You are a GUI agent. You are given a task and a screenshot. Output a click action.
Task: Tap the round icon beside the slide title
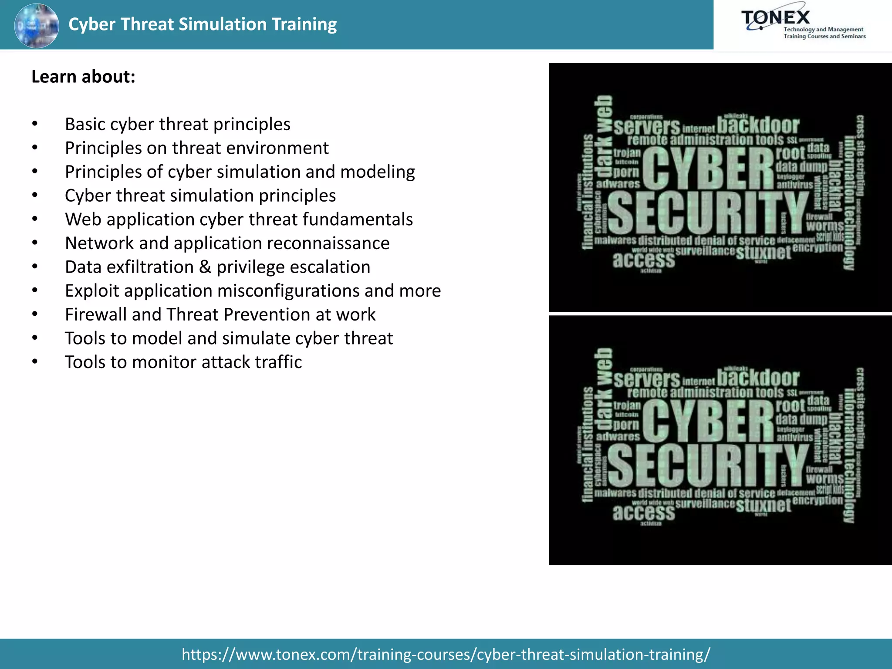point(37,25)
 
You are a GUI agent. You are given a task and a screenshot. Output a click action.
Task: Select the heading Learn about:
point(83,77)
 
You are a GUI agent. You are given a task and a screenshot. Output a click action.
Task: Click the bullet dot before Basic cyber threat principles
point(35,124)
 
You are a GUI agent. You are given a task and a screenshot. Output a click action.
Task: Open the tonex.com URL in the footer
point(446,654)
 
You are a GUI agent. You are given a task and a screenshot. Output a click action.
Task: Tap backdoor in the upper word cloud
point(758,125)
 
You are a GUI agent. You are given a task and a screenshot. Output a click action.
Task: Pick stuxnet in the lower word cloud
point(763,505)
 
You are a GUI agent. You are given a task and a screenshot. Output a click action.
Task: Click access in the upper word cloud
point(643,260)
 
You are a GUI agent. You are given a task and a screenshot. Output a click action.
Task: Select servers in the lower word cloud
point(647,379)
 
